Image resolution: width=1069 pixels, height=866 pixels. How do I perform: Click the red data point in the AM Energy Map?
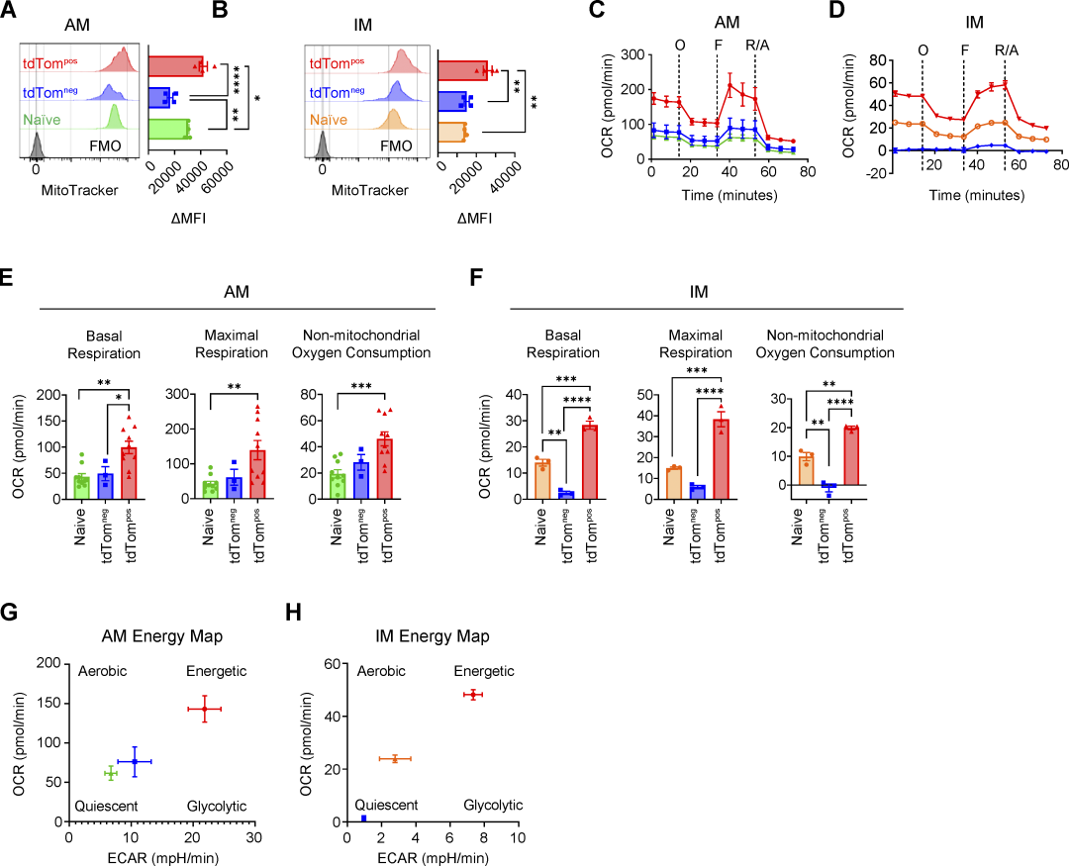point(205,709)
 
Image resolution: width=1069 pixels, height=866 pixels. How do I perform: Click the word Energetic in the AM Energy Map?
point(217,672)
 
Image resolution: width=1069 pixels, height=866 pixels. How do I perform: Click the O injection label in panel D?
point(923,48)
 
